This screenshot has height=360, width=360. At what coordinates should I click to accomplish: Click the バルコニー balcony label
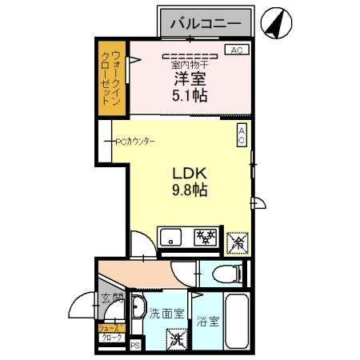pos(206,24)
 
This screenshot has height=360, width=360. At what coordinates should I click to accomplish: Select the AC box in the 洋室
pos(236,50)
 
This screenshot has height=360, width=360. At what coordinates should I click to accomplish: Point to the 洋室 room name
pos(190,79)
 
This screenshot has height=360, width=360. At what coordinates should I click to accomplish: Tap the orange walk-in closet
pos(111,77)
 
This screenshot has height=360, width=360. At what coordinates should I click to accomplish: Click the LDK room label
pos(190,174)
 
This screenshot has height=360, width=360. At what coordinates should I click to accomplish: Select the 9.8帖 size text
pos(190,191)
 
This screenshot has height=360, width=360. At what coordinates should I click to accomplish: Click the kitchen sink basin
pos(174,237)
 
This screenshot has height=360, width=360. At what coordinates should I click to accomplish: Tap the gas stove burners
pos(207,236)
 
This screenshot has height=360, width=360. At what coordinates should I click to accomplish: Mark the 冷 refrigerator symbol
pos(238,239)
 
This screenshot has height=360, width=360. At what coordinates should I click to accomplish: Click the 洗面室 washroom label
pos(167,314)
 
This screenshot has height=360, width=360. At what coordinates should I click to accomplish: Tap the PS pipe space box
pos(135,346)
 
